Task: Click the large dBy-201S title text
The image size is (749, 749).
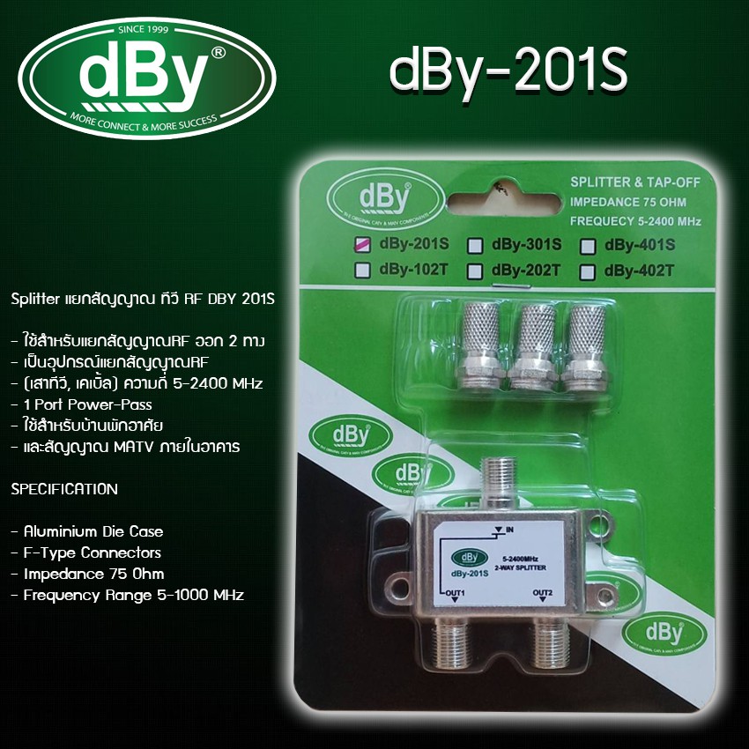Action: point(508,77)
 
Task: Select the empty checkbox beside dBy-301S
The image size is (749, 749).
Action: point(475,245)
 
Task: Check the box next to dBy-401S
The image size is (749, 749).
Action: point(589,246)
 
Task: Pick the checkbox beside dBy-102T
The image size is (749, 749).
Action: point(361,270)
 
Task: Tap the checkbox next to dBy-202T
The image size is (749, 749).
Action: point(475,270)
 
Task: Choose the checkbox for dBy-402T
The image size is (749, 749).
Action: point(589,271)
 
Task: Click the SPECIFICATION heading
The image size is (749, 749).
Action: point(64,488)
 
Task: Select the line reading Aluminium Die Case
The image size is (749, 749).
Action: point(86,531)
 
